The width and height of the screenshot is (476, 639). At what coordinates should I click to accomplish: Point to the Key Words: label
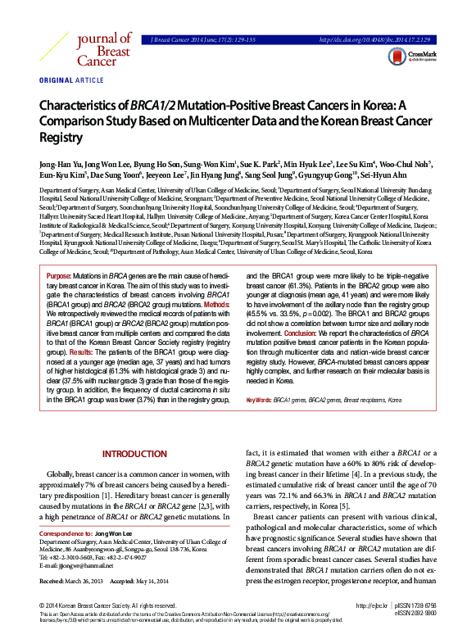pos(259,399)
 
